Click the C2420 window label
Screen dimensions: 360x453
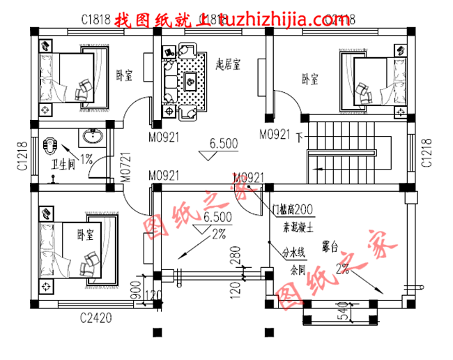pyautogui.click(x=95, y=318)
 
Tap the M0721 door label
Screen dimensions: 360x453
pyautogui.click(x=125, y=167)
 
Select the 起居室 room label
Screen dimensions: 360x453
pyautogui.click(x=228, y=65)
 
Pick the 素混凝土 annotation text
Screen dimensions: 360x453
pyautogui.click(x=298, y=227)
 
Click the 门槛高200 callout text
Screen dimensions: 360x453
pyautogui.click(x=292, y=209)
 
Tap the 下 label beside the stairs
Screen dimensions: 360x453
pyautogui.click(x=300, y=135)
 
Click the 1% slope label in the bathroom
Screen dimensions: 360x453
pyautogui.click(x=86, y=159)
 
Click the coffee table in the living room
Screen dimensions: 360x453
pyautogui.click(x=190, y=82)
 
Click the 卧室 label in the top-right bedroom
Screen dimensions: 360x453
pyautogui.click(x=309, y=80)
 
